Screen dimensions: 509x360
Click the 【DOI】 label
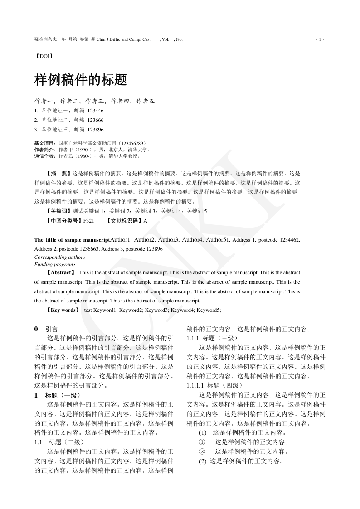(x=44, y=57)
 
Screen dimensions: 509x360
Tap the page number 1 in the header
(x=320, y=39)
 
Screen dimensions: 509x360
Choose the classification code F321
(x=88, y=221)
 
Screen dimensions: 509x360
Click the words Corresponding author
(x=59, y=257)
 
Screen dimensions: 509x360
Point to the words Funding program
(x=54, y=264)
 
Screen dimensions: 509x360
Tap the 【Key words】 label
(x=63, y=310)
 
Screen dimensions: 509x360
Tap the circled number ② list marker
(x=202, y=451)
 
